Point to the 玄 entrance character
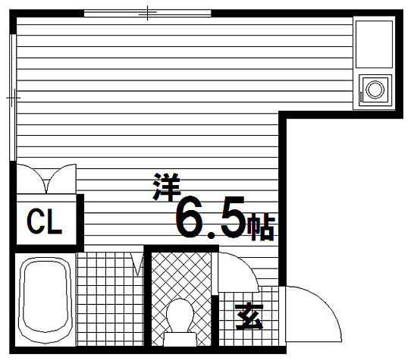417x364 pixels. [x=247, y=317]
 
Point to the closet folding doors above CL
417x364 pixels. [x=47, y=180]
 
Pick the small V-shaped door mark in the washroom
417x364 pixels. [x=137, y=265]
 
